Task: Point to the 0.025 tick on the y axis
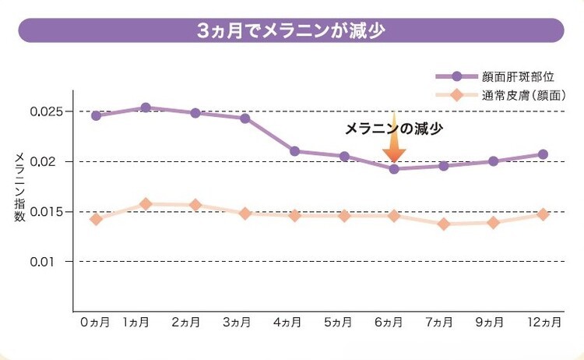47,111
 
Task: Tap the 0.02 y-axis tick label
51,161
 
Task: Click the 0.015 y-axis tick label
47,211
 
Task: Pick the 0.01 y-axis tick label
51,261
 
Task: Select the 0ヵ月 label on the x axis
95,322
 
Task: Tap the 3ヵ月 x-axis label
245,322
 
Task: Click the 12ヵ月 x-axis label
543,322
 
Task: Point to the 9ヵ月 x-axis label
493,322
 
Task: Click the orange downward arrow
394,146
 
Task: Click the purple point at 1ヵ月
146,108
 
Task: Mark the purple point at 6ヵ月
394,168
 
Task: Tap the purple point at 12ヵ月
543,154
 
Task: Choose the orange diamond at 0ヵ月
96,219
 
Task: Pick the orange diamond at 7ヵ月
444,224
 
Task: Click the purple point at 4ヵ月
294,151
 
